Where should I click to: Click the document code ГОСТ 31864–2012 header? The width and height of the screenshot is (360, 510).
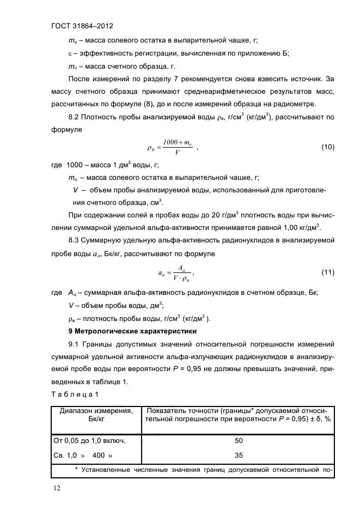point(81,25)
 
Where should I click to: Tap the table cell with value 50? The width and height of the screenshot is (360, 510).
point(238,440)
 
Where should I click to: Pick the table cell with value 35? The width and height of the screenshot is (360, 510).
point(238,455)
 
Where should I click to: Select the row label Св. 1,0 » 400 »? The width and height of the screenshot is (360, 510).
point(82,455)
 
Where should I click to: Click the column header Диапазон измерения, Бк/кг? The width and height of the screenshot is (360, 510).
point(96,416)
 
